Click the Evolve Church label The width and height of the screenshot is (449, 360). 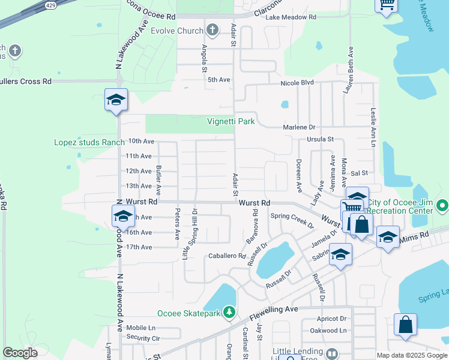176,31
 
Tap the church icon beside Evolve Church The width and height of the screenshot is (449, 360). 211,30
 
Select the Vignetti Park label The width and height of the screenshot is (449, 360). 231,122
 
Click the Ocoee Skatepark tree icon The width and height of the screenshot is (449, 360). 229,312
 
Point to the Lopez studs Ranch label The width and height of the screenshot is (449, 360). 89,142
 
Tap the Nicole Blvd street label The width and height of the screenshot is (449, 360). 297,82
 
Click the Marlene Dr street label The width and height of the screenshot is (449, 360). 300,127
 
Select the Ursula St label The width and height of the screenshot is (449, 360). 321,139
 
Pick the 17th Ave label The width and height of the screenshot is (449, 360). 139,247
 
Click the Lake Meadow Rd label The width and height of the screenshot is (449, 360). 291,18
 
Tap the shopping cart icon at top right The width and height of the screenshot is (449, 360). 387,4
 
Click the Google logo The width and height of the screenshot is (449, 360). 20,353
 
